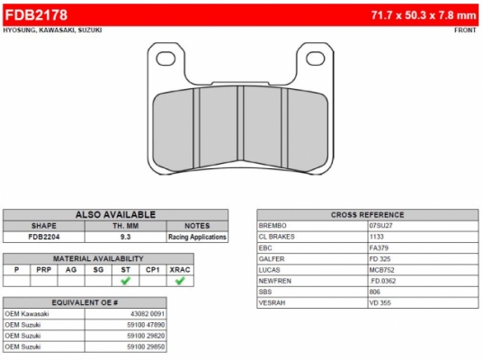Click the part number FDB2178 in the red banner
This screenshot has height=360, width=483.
(36, 14)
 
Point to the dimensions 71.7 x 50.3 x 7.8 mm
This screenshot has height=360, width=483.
(424, 15)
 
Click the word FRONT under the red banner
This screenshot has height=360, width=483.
(465, 31)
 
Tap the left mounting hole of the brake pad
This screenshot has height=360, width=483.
(165, 58)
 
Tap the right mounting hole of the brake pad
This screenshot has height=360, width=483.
(316, 58)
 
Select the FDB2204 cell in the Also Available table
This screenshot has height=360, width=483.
(44, 237)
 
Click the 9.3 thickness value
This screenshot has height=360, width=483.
(125, 237)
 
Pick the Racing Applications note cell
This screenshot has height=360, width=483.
(197, 237)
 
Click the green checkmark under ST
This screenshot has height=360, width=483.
(125, 281)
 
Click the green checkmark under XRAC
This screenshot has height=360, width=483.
(180, 281)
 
